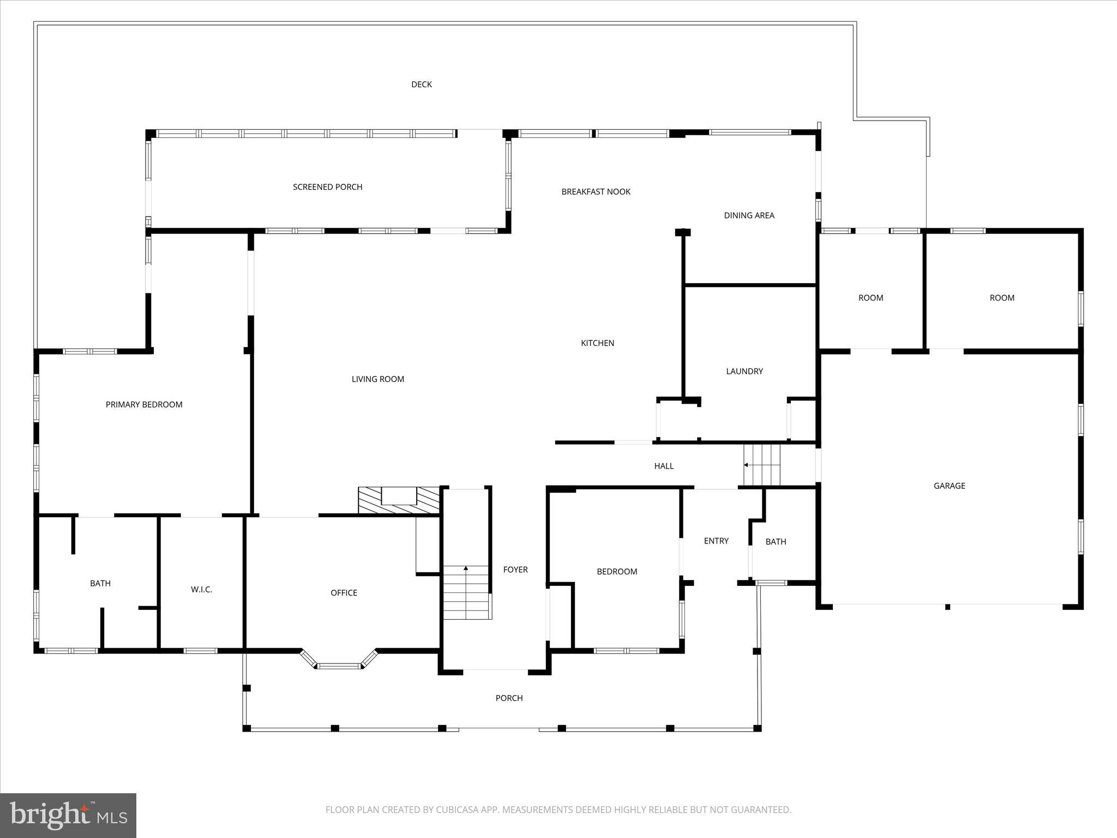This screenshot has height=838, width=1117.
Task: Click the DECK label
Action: pyautogui.click(x=421, y=84)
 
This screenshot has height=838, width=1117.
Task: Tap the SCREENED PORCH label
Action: pyautogui.click(x=327, y=187)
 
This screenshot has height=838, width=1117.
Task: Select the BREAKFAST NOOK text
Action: pyautogui.click(x=596, y=191)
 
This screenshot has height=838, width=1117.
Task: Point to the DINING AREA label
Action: pyautogui.click(x=749, y=216)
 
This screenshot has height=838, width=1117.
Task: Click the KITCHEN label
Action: pyautogui.click(x=597, y=343)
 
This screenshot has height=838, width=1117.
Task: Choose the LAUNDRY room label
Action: pyautogui.click(x=744, y=372)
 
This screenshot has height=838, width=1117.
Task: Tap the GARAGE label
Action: pyautogui.click(x=949, y=486)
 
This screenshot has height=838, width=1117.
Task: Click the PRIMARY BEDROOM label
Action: pyautogui.click(x=144, y=404)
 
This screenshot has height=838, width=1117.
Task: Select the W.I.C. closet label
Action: pyautogui.click(x=201, y=590)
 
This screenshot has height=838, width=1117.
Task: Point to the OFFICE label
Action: pyautogui.click(x=344, y=593)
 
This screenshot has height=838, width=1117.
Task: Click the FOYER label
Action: pyautogui.click(x=515, y=570)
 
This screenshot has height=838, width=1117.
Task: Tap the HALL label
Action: pyautogui.click(x=664, y=466)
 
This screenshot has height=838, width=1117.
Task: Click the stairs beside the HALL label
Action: pyautogui.click(x=762, y=465)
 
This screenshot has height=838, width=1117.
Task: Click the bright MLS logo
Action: pyautogui.click(x=68, y=816)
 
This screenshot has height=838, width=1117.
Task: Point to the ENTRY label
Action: pyautogui.click(x=716, y=541)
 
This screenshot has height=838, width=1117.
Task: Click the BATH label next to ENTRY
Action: pyautogui.click(x=775, y=542)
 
